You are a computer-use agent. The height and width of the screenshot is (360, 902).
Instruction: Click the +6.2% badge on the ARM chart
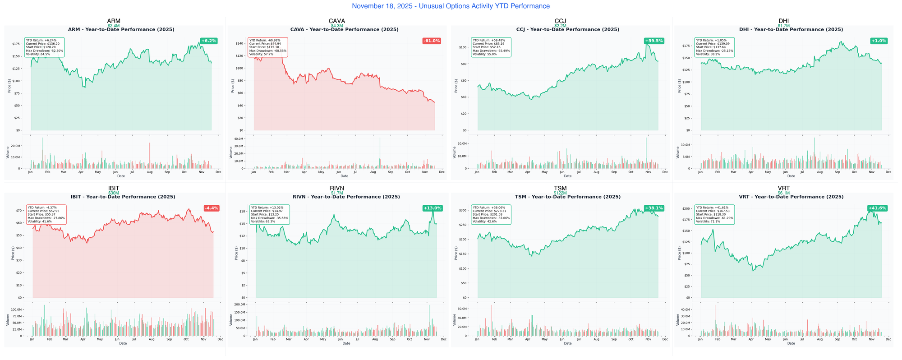click(208, 41)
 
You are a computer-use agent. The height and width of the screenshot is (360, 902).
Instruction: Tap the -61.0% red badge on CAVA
click(432, 41)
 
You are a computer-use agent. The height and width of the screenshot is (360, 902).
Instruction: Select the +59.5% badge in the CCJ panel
click(654, 41)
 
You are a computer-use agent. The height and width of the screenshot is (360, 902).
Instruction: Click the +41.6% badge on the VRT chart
click(877, 208)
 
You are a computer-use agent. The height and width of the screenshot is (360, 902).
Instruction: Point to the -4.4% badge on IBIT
click(211, 208)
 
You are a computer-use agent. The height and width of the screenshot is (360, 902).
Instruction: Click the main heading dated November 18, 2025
click(451, 6)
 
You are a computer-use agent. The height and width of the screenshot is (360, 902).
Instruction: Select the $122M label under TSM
click(560, 193)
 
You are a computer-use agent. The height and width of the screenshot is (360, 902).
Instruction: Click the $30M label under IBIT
click(114, 193)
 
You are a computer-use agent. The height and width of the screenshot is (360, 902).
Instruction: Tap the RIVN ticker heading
click(337, 188)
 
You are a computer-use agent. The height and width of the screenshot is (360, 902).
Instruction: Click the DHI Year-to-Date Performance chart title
click(791, 30)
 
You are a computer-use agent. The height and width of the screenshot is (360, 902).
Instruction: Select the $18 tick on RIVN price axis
click(242, 212)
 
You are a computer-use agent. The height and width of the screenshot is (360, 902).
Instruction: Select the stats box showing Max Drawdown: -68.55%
click(268, 47)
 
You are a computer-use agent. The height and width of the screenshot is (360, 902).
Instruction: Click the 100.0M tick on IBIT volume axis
click(16, 310)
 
